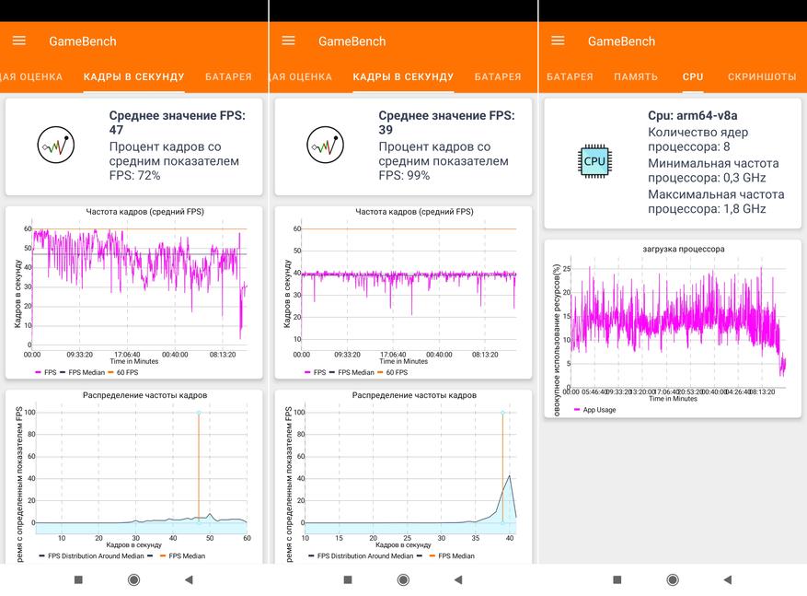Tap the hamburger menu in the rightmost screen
(x=557, y=41)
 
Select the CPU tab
(x=693, y=76)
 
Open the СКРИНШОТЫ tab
(x=762, y=76)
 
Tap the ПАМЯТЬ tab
(x=636, y=76)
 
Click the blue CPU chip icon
(x=594, y=161)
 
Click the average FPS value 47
(x=117, y=131)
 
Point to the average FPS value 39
(x=386, y=131)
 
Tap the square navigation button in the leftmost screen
(x=78, y=579)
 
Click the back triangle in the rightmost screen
(x=727, y=579)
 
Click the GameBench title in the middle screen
(x=352, y=41)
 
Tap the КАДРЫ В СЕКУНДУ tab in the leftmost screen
(x=133, y=76)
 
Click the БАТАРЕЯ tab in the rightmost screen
(x=571, y=76)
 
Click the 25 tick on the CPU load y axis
(x=567, y=269)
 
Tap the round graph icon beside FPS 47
(x=56, y=145)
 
